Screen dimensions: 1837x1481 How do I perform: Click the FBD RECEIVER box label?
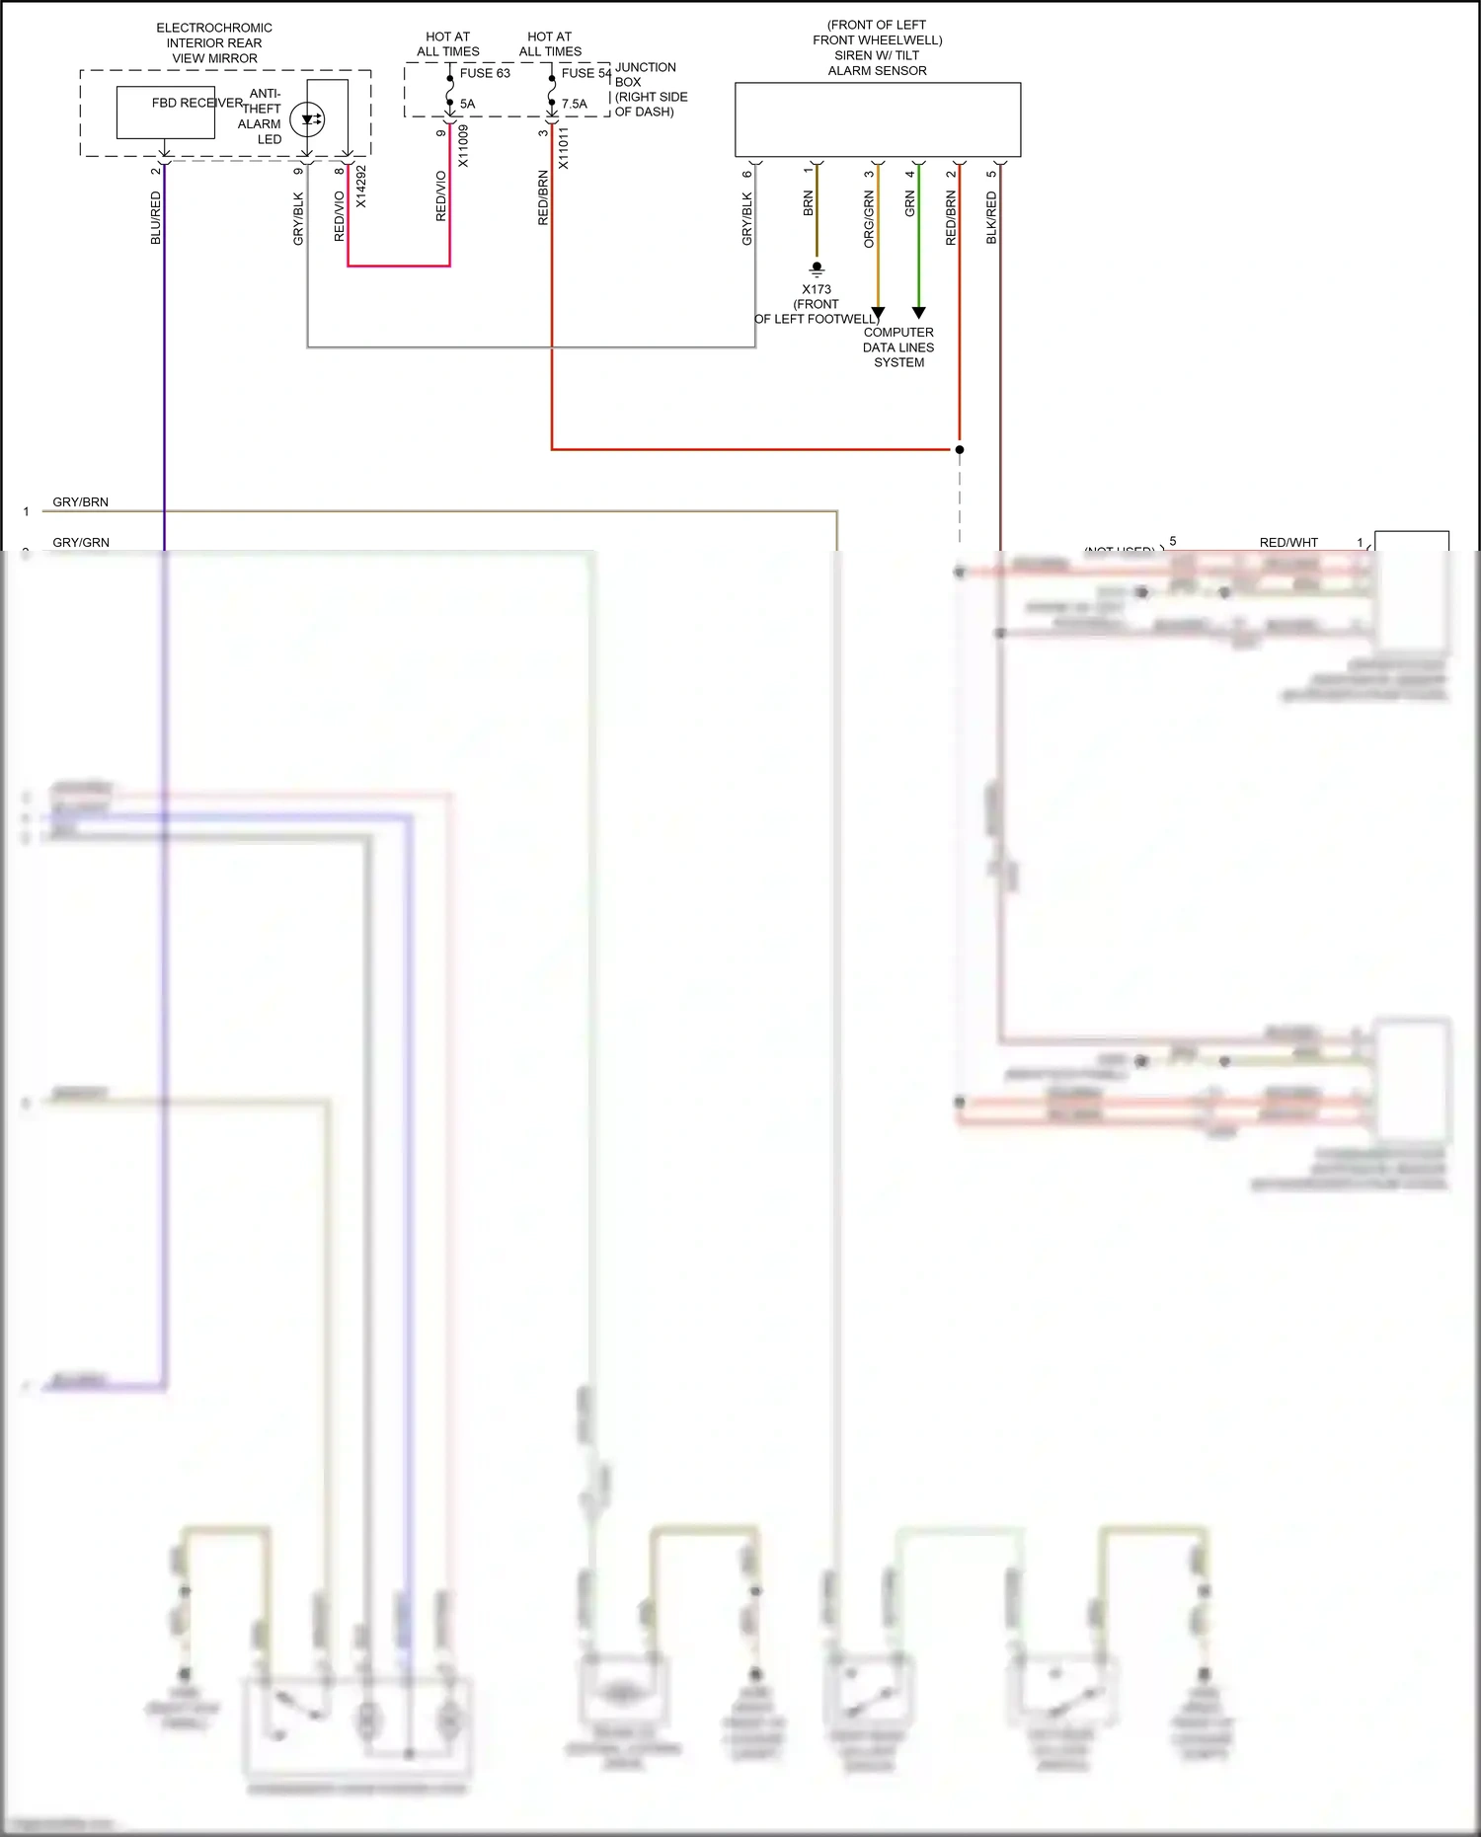click(196, 103)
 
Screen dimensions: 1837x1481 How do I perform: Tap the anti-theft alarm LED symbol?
click(308, 119)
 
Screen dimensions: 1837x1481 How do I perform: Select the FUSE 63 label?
click(485, 73)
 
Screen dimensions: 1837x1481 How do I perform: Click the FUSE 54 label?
click(586, 73)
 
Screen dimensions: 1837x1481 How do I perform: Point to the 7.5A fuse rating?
click(575, 104)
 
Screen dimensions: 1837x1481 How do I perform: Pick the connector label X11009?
click(463, 145)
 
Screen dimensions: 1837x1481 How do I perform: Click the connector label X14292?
click(361, 186)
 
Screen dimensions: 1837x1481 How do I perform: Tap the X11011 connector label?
click(564, 148)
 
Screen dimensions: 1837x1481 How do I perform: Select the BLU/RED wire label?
click(156, 218)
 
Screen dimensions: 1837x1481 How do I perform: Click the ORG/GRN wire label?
click(869, 219)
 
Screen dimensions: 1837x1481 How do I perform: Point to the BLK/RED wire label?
click(991, 218)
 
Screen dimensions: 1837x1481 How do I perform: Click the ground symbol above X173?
click(817, 268)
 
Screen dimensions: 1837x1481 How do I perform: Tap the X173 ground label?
click(817, 289)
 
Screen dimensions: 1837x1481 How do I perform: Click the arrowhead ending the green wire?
click(918, 313)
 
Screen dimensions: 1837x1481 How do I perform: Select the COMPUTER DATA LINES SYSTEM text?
click(898, 347)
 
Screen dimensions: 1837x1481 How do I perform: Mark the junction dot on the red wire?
click(960, 449)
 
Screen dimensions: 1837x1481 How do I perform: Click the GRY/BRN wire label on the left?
click(81, 502)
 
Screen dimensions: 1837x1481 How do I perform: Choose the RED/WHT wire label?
click(1288, 542)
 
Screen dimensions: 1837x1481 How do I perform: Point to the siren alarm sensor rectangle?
click(878, 119)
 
